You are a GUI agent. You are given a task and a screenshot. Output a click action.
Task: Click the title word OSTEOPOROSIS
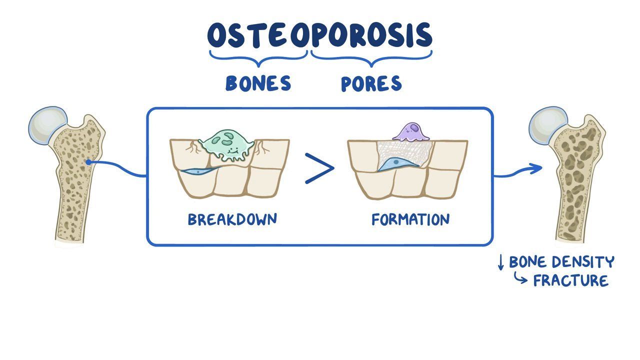pyautogui.click(x=319, y=35)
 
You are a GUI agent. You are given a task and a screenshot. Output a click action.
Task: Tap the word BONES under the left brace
pyautogui.click(x=258, y=83)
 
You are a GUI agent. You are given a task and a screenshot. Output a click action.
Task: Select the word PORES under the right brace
pyautogui.click(x=371, y=83)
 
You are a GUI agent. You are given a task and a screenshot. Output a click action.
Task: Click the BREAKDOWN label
pyautogui.click(x=232, y=219)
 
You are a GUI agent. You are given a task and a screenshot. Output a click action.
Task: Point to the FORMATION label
pyautogui.click(x=410, y=219)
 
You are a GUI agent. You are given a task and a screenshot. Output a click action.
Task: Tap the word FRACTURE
pyautogui.click(x=571, y=280)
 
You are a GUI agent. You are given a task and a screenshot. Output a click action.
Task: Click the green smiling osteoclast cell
pyautogui.click(x=227, y=145)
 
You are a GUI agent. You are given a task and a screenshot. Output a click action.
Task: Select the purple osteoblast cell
pyautogui.click(x=411, y=132)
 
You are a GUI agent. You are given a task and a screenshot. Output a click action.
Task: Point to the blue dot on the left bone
pyautogui.click(x=88, y=162)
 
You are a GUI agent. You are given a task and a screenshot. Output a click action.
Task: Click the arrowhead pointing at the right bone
pyautogui.click(x=536, y=168)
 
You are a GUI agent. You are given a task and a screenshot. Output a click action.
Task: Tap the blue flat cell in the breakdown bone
pyautogui.click(x=200, y=171)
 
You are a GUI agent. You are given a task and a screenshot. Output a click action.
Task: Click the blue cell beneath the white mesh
pyautogui.click(x=397, y=164)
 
